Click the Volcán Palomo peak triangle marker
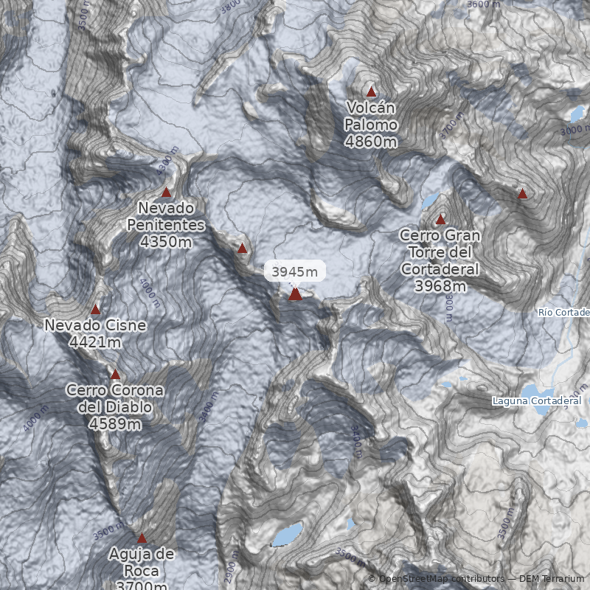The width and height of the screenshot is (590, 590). pos(372,92)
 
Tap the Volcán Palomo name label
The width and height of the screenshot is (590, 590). pos(371,117)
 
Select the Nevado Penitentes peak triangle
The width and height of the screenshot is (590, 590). pos(166,192)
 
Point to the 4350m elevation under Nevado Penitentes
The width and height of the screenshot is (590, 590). pos(166,240)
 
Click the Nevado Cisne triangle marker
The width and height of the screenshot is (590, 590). pos(95,309)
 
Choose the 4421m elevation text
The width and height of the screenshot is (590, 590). pos(95,342)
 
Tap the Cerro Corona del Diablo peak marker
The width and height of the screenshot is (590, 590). pos(115,374)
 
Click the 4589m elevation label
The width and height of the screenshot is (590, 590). pos(115,423)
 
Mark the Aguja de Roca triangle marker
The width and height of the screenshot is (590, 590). pos(142,538)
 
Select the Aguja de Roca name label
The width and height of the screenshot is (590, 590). pos(142,562)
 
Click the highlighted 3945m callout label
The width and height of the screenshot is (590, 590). pos(295,272)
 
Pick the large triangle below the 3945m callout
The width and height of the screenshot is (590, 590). pos(295,294)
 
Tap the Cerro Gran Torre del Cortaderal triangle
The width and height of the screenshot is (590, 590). pos(441,219)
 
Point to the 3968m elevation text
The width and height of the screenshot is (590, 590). pos(440,286)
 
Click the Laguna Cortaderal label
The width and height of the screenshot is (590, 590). pos(537,400)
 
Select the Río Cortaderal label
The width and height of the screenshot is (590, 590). pos(564,313)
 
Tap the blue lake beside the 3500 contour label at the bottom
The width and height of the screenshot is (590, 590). pos(288,534)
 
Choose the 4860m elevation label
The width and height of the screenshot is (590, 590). pos(371,142)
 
